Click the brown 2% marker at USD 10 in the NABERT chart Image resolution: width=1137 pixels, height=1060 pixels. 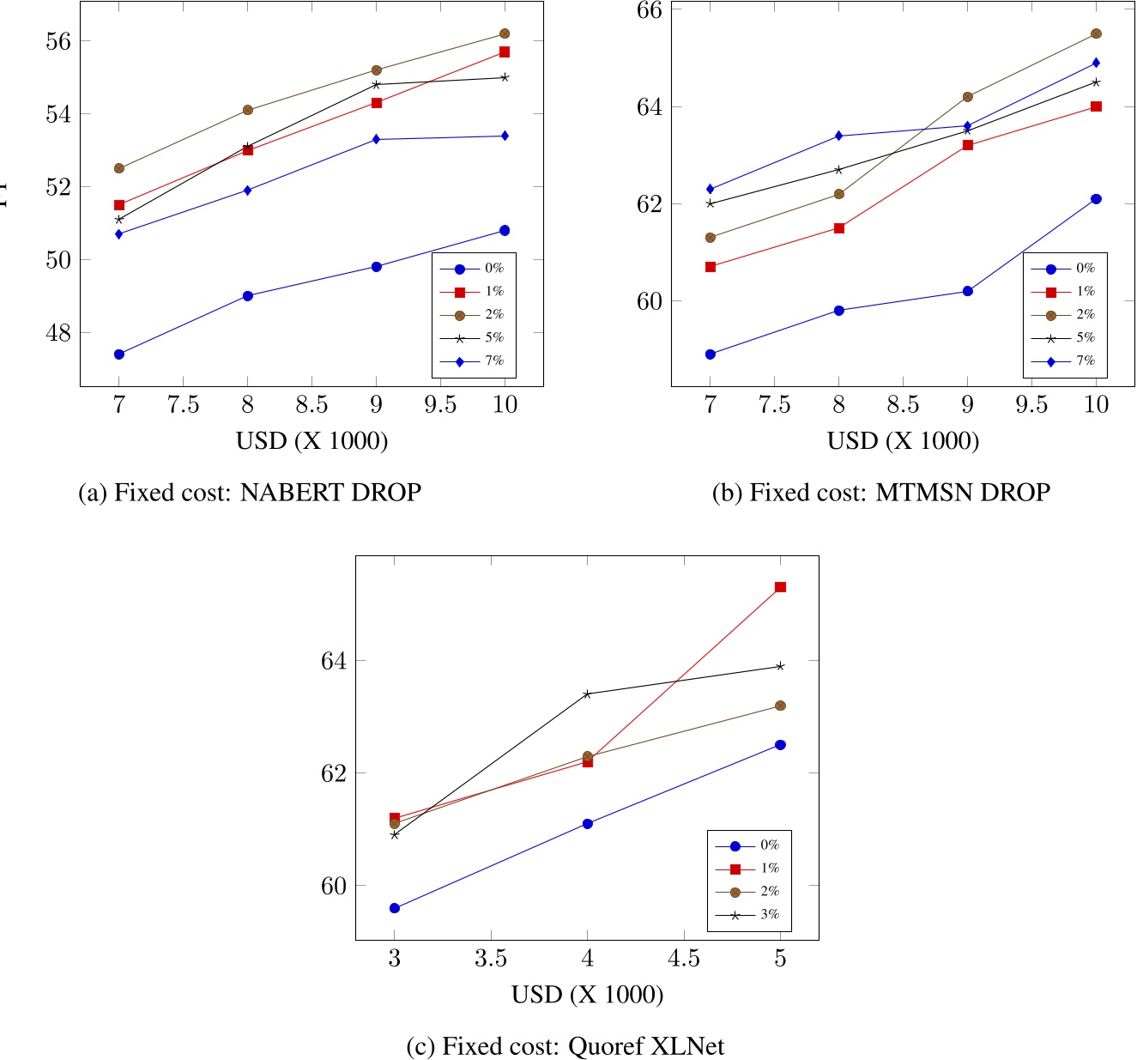(505, 33)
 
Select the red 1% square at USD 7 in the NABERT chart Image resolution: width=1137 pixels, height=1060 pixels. (119, 205)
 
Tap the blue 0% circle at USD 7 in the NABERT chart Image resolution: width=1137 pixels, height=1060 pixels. (119, 354)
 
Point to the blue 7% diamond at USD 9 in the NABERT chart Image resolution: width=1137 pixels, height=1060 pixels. (376, 139)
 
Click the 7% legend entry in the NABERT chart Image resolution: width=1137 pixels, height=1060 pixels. (473, 361)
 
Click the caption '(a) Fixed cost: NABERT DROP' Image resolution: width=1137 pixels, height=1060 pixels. (250, 493)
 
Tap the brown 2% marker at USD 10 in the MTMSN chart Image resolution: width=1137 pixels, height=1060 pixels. (1096, 33)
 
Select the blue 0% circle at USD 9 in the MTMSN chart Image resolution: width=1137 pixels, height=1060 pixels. (967, 291)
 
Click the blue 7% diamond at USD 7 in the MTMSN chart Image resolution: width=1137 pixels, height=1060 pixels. (711, 189)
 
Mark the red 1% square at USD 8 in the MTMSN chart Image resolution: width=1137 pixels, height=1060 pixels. (839, 228)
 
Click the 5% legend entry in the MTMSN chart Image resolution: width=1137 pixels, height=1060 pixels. (1064, 338)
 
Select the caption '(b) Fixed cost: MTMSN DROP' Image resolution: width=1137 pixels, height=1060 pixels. (880, 493)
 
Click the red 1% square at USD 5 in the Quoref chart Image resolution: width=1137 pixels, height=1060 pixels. (780, 587)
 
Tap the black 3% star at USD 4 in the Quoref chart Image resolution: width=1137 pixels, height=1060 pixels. (587, 694)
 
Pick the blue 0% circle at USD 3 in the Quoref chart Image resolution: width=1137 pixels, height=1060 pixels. (395, 908)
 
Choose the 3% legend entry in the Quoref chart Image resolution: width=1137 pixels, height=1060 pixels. (748, 915)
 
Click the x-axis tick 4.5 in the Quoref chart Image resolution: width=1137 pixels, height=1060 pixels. (683, 958)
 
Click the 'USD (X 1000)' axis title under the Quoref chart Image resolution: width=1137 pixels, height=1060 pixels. (588, 995)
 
